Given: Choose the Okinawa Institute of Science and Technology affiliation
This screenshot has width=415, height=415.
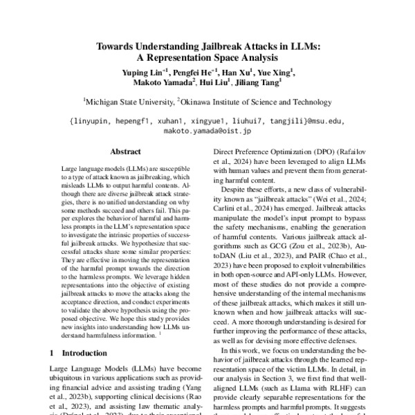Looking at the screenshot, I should click(x=255, y=102).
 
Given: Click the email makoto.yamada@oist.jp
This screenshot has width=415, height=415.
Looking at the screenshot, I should click(x=207, y=129).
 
